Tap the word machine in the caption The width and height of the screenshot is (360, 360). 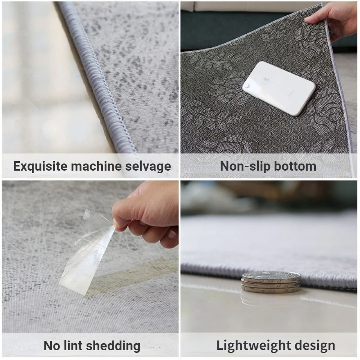pyautogui.click(x=96, y=166)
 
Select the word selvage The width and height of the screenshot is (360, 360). pyautogui.click(x=148, y=166)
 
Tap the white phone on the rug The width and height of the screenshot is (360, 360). pyautogui.click(x=278, y=88)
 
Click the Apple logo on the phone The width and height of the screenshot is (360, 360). pyautogui.click(x=266, y=80)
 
